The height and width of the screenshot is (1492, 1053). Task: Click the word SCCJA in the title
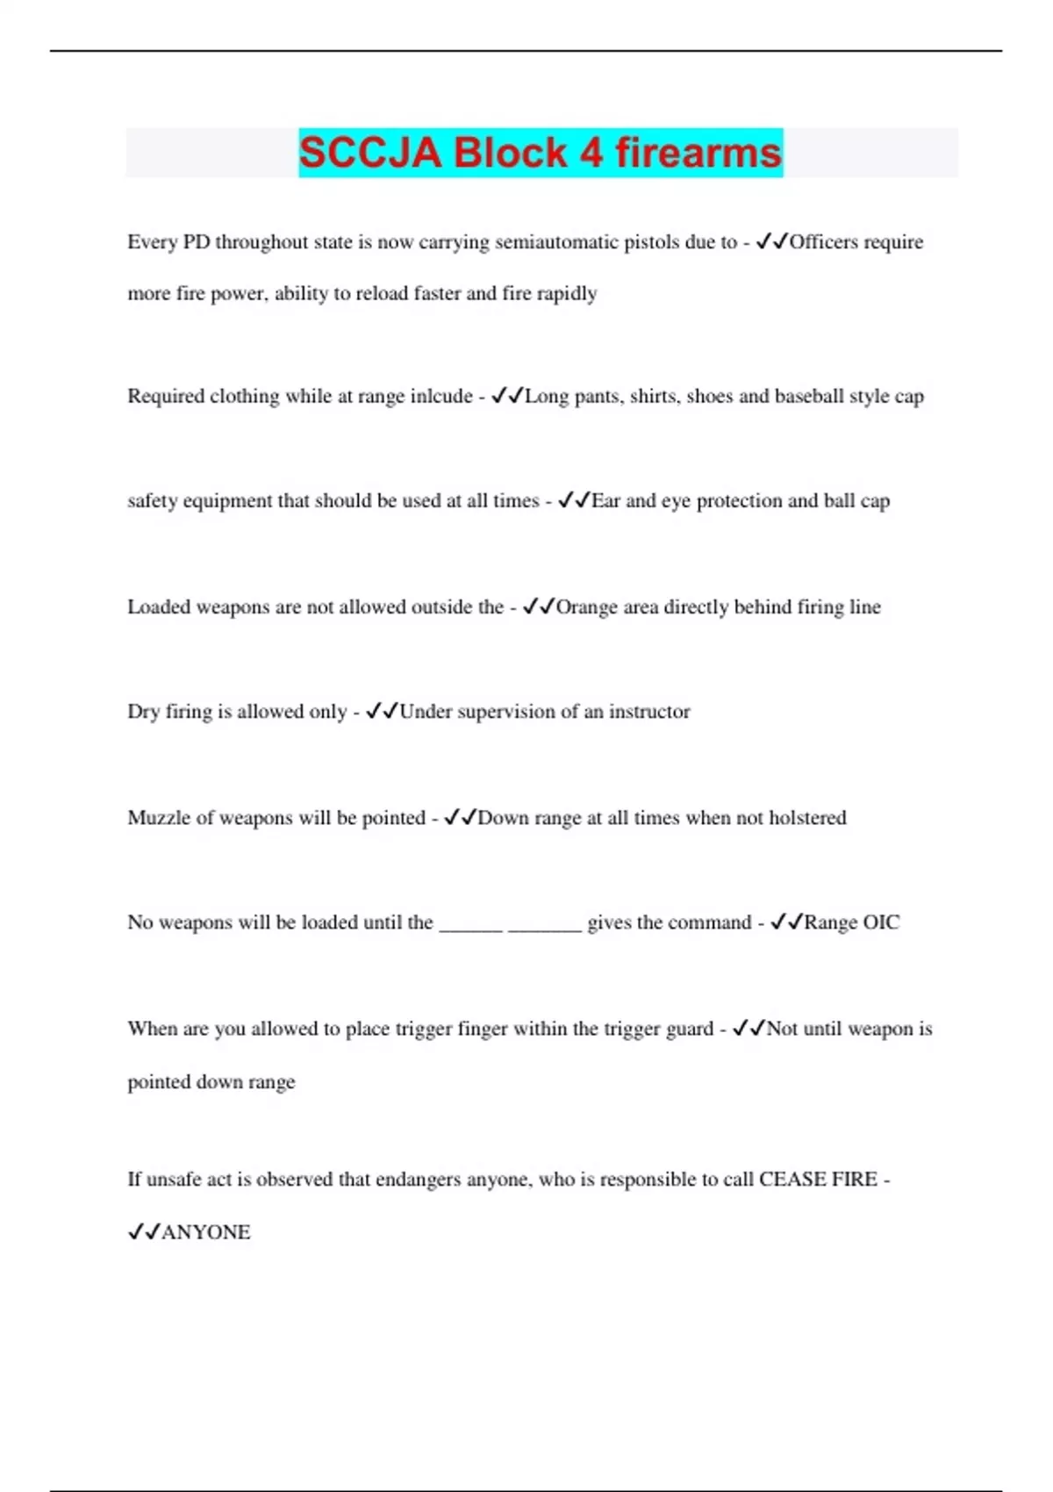click(x=369, y=153)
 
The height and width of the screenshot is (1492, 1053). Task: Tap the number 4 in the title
click(x=591, y=153)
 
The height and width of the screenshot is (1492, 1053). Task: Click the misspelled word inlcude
click(x=441, y=397)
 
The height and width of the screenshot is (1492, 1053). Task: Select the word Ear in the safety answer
click(x=605, y=501)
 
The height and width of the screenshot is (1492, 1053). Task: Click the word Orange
click(x=587, y=607)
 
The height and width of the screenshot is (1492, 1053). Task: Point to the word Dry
click(x=143, y=712)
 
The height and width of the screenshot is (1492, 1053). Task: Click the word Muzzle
click(x=158, y=818)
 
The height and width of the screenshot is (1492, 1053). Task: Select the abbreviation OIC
click(x=881, y=922)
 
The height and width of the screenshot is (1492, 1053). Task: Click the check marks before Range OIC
click(x=786, y=922)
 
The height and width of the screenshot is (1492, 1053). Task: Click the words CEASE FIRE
click(x=818, y=1180)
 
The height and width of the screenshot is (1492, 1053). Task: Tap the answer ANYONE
click(x=206, y=1232)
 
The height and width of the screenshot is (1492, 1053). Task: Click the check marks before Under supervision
click(x=382, y=712)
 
